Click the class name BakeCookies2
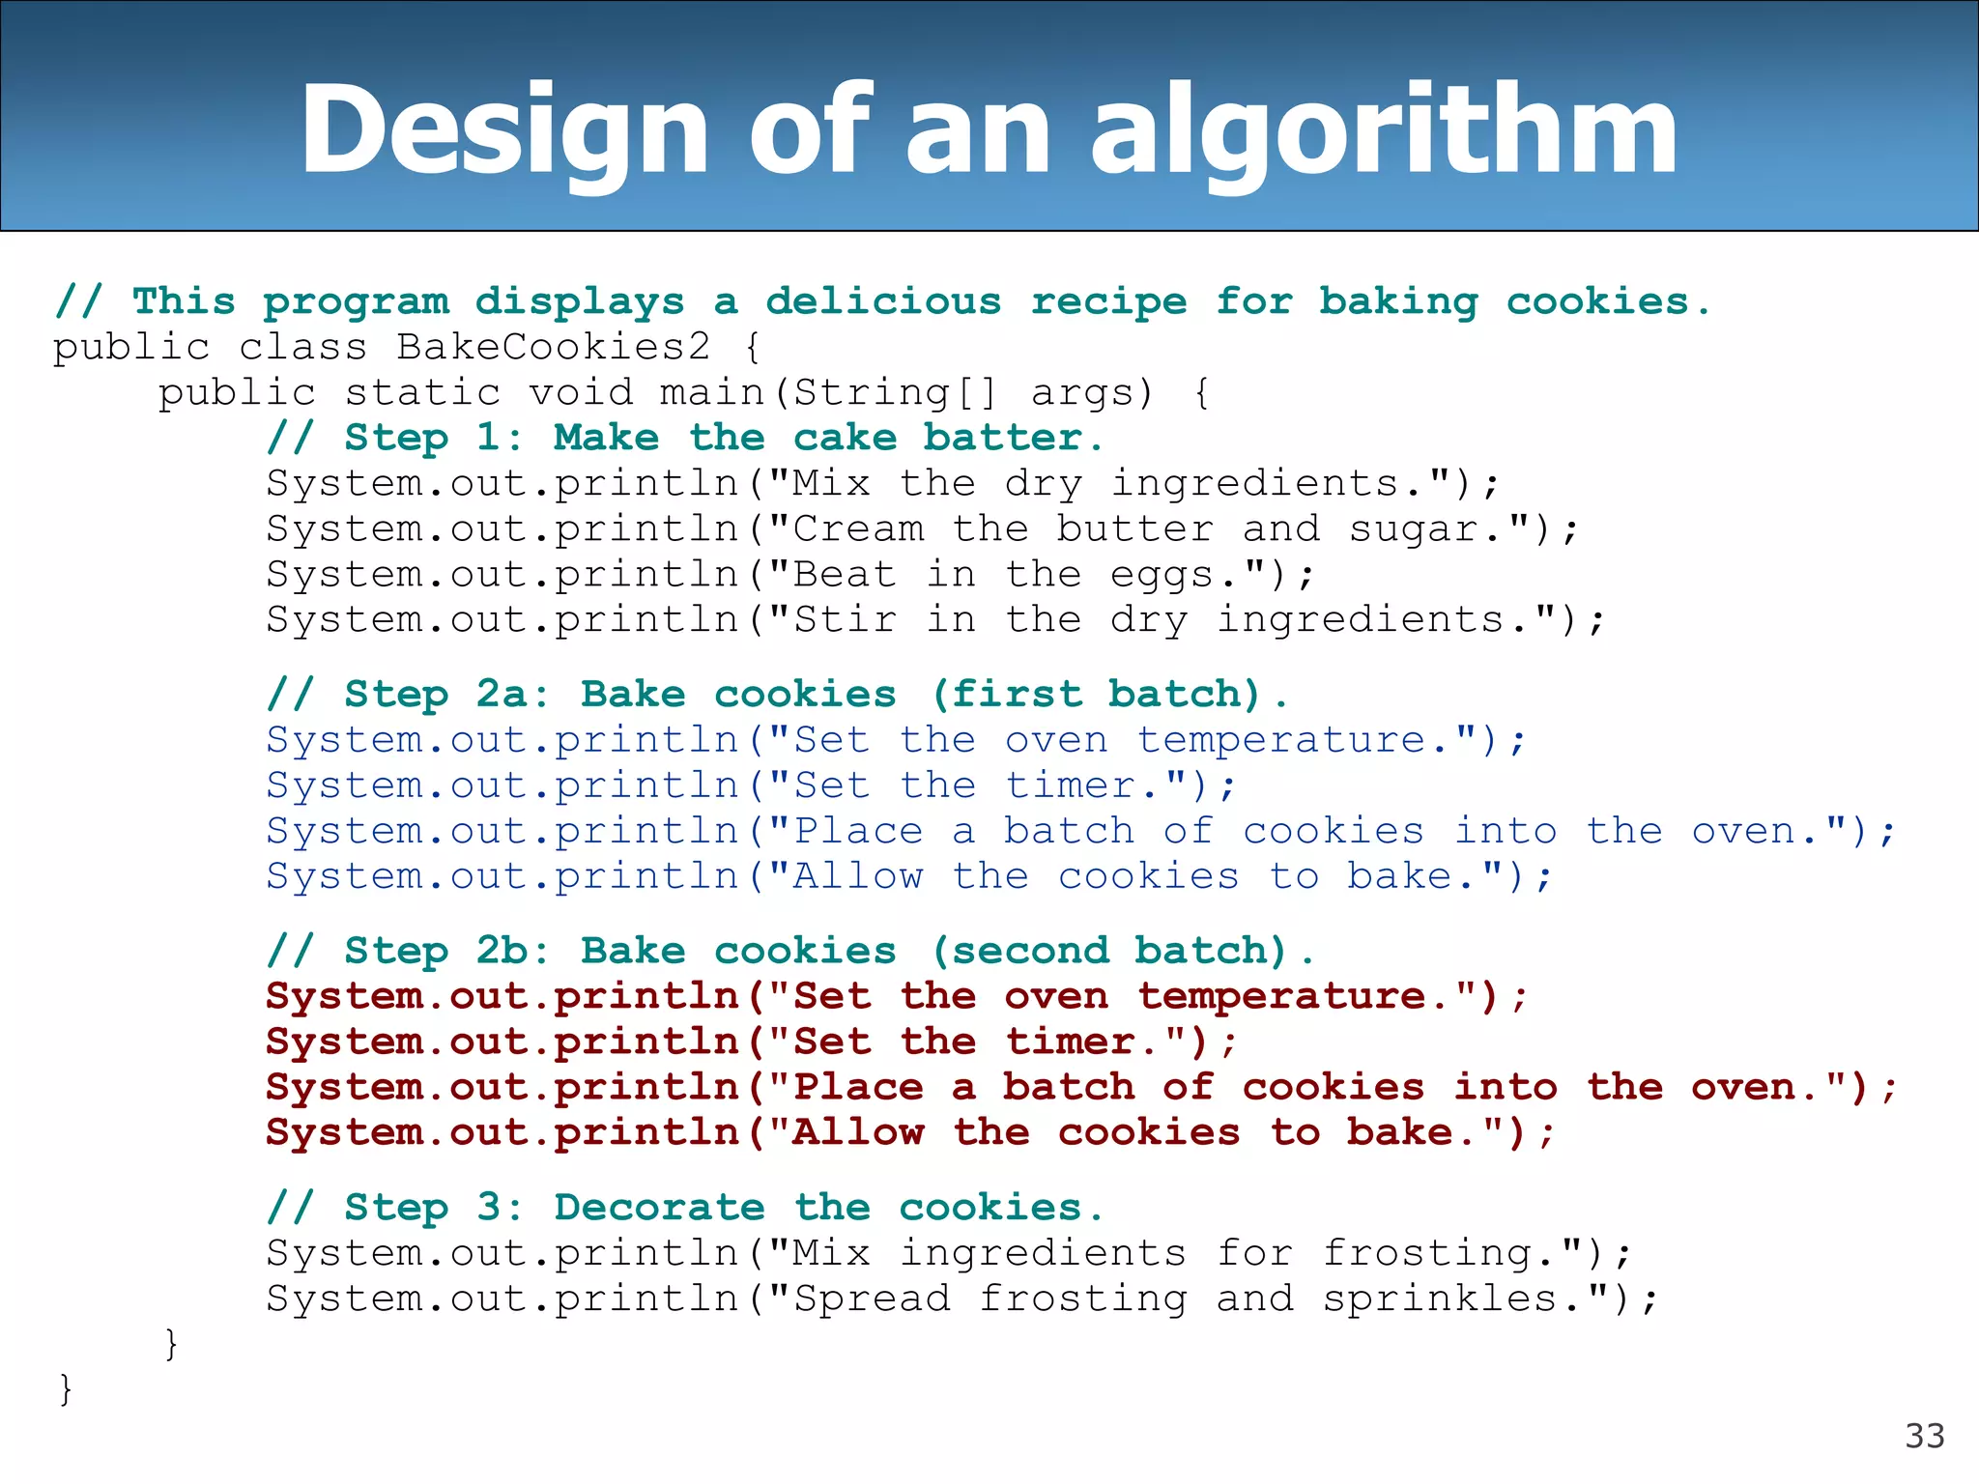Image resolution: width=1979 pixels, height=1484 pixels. tap(554, 347)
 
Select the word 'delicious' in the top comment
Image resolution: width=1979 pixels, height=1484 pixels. tap(883, 301)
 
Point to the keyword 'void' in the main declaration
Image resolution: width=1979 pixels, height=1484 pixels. tap(581, 393)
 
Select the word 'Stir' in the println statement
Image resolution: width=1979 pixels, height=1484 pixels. tap(845, 620)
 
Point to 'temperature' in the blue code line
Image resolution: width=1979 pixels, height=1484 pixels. tap(1281, 741)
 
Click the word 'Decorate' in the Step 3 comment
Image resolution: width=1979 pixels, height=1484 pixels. tap(659, 1208)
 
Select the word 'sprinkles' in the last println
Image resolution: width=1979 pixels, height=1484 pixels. tap(1440, 1299)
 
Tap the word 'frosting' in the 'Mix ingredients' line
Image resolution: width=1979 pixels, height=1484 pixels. tap(1428, 1254)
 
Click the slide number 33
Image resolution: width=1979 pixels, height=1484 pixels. tap(1924, 1437)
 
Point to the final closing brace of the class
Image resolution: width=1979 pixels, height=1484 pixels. tap(65, 1389)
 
